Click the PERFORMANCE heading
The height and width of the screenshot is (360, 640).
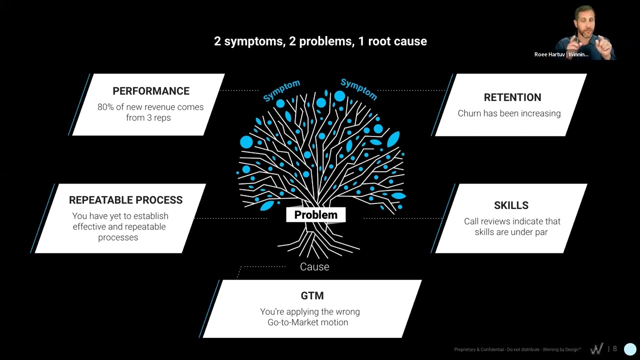[150, 91]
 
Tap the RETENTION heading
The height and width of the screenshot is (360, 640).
[512, 97]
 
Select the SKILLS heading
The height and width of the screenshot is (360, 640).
[511, 205]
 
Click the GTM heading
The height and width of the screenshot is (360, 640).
[312, 295]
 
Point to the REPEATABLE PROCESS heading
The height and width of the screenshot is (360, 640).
[125, 200]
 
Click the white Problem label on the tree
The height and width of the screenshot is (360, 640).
[315, 215]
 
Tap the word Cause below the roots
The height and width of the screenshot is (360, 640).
[314, 267]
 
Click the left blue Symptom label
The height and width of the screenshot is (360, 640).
[281, 90]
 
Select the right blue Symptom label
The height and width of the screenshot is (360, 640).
[358, 89]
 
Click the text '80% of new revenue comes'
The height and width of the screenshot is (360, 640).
[150, 107]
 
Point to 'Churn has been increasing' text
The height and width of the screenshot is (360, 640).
[509, 113]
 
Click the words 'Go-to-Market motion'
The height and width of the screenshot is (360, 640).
[307, 322]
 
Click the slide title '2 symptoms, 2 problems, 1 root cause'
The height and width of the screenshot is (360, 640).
[320, 41]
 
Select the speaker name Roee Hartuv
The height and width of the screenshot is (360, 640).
[549, 54]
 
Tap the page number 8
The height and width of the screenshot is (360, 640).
[615, 349]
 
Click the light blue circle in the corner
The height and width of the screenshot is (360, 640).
[630, 349]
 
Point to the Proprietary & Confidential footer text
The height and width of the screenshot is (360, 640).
[517, 349]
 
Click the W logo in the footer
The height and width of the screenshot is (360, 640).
[596, 349]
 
